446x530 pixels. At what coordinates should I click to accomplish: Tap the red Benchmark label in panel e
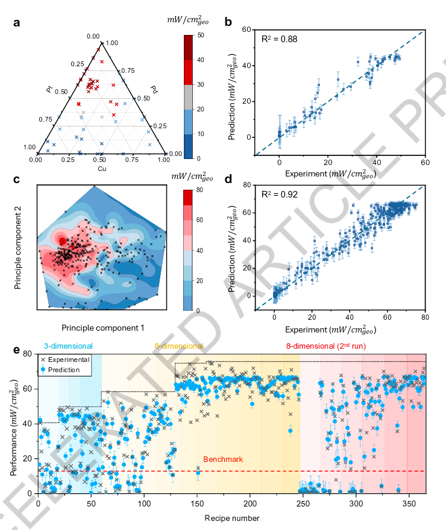point(223,460)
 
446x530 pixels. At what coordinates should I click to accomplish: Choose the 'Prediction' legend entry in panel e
point(64,369)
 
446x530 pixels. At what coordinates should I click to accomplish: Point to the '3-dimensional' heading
point(68,346)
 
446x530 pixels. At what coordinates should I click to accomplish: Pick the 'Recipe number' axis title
point(231,517)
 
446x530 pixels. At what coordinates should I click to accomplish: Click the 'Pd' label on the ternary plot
point(154,90)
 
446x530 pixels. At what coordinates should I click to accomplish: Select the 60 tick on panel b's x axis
point(425,163)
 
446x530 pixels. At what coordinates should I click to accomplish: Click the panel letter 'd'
point(228,179)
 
